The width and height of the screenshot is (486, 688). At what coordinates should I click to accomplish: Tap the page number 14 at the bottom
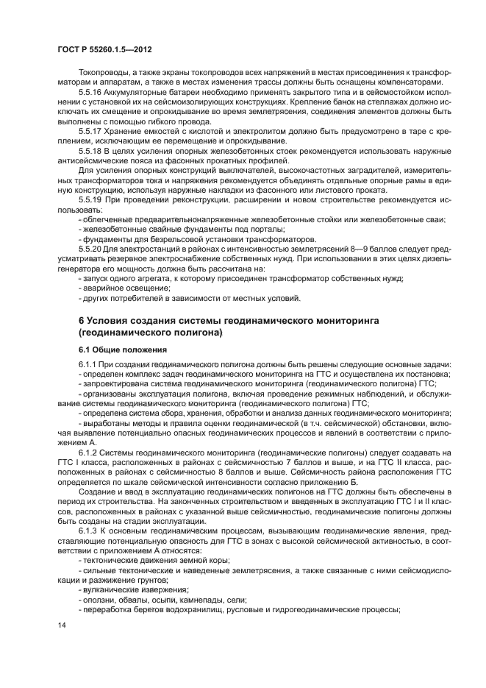pyautogui.click(x=60, y=625)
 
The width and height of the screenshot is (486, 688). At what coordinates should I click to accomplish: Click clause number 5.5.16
pyautogui.click(x=91, y=95)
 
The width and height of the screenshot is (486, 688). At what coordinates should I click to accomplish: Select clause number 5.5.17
pyautogui.click(x=91, y=131)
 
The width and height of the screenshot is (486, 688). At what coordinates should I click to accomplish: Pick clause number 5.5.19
pyautogui.click(x=91, y=199)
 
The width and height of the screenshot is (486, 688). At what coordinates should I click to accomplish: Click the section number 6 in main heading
pyautogui.click(x=81, y=321)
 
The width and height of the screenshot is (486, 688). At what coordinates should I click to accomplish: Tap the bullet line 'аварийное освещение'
pyautogui.click(x=112, y=288)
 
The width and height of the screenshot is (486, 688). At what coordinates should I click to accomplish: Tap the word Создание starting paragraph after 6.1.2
pyautogui.click(x=97, y=491)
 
